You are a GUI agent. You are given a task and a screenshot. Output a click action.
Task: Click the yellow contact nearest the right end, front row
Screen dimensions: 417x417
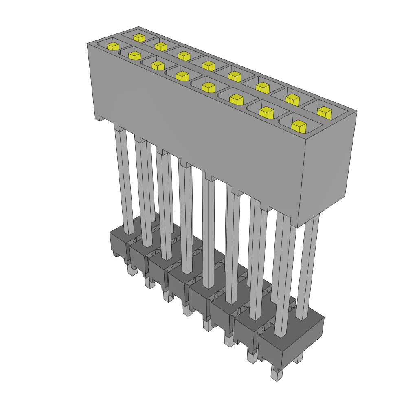point(298,126)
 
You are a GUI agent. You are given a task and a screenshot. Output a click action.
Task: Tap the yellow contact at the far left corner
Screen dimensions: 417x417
point(113,46)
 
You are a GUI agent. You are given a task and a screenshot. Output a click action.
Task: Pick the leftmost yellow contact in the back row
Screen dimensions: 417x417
point(138,38)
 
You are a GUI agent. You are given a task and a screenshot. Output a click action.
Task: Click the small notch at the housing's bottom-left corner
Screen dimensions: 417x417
point(99,118)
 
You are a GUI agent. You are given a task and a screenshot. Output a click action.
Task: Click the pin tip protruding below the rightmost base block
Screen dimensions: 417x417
point(277,375)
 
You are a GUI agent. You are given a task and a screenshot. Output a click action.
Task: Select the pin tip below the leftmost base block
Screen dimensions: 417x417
point(131,270)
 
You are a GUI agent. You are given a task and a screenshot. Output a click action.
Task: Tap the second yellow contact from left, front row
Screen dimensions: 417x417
point(134,55)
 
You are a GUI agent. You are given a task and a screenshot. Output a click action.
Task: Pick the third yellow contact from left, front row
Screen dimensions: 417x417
point(157,65)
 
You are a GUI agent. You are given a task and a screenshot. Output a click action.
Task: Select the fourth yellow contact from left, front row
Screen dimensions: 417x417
point(182,75)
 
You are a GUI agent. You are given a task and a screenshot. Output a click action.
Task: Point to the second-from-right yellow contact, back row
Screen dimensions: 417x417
point(292,99)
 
